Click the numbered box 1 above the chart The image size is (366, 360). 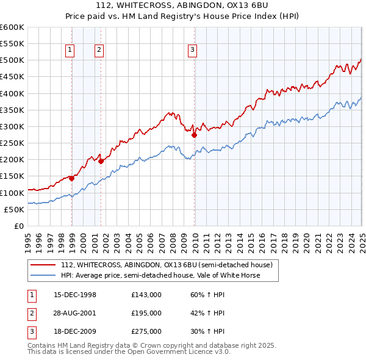pos(71,51)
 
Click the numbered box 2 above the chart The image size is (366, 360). pos(99,51)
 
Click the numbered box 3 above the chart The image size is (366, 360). pos(192,51)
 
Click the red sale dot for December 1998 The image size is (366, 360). pos(71,178)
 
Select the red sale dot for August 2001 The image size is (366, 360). pos(101,161)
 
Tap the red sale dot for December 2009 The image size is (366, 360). pos(194,135)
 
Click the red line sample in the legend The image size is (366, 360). pos(43,265)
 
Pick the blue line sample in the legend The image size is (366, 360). pos(43,275)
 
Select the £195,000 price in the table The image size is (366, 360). pos(146,313)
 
